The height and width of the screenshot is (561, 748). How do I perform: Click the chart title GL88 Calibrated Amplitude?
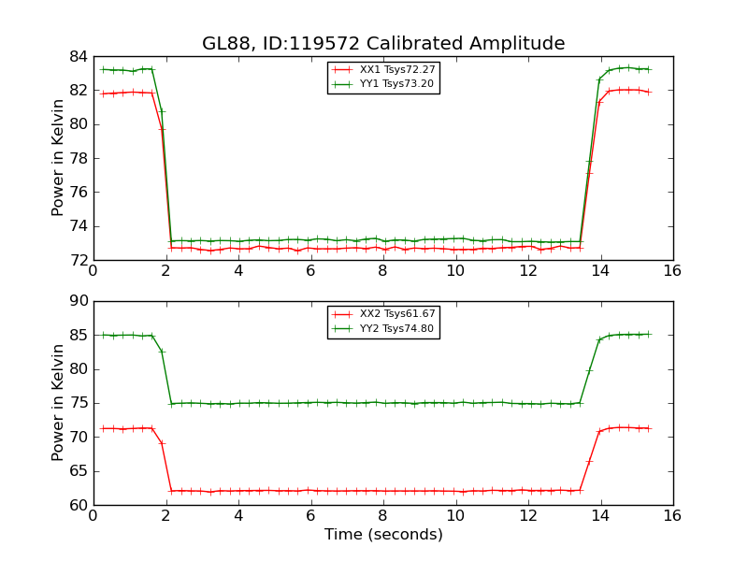point(383,44)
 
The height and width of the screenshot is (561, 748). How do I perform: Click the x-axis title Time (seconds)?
point(383,535)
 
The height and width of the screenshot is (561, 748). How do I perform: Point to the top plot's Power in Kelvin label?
point(58,158)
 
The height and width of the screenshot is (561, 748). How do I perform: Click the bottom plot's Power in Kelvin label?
point(58,403)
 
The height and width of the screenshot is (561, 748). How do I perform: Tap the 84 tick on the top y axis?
point(78,56)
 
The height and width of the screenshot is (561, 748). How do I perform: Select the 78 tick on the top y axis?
point(78,158)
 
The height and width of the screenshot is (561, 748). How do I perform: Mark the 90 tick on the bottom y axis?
point(78,301)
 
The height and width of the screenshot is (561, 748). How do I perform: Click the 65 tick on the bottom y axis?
point(78,471)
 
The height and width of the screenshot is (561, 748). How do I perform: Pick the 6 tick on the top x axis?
point(310,271)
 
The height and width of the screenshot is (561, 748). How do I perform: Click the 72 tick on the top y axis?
point(78,260)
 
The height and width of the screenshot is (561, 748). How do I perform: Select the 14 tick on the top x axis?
point(600,271)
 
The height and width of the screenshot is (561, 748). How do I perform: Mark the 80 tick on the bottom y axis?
point(78,369)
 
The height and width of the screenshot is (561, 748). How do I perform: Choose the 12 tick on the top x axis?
point(527,271)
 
